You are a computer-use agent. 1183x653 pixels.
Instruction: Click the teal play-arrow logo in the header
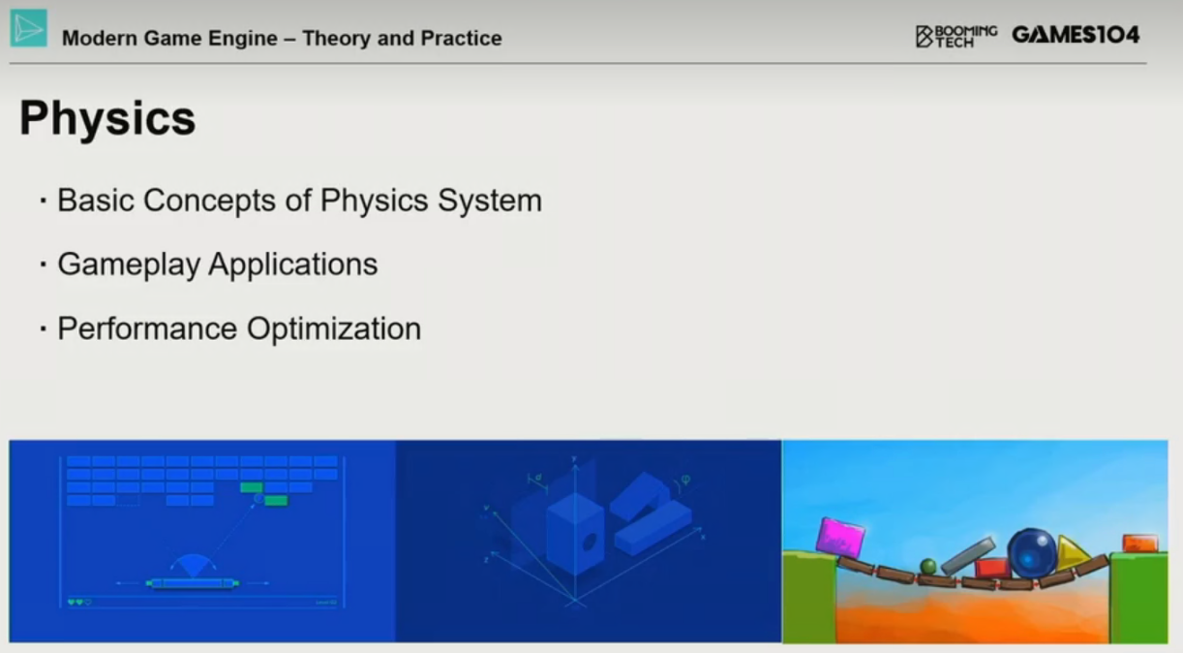pyautogui.click(x=28, y=28)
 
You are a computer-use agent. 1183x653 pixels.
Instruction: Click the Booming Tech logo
pyautogui.click(x=956, y=37)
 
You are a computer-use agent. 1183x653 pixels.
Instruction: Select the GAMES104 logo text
pyautogui.click(x=1076, y=36)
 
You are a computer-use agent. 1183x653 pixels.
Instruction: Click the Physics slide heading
pyautogui.click(x=107, y=118)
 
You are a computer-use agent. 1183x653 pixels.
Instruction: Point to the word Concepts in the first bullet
pyautogui.click(x=210, y=201)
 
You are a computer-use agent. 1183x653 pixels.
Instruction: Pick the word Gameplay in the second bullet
pyautogui.click(x=129, y=264)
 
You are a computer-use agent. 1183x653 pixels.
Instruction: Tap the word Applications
pyautogui.click(x=293, y=264)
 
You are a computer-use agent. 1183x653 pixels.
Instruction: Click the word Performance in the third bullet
pyautogui.click(x=148, y=328)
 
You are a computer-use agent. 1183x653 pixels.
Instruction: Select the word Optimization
pyautogui.click(x=334, y=329)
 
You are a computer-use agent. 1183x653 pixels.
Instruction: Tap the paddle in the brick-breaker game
pyautogui.click(x=193, y=583)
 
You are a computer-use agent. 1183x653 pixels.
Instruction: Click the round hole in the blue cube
pyautogui.click(x=589, y=542)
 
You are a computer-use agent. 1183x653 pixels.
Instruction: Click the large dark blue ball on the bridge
pyautogui.click(x=1031, y=552)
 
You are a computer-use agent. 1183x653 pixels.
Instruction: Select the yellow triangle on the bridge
pyautogui.click(x=1071, y=553)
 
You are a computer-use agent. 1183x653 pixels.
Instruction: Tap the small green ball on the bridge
pyautogui.click(x=928, y=567)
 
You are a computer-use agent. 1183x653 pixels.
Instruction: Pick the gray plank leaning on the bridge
pyautogui.click(x=967, y=556)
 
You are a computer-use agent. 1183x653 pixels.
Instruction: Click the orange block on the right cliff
pyautogui.click(x=1140, y=544)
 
